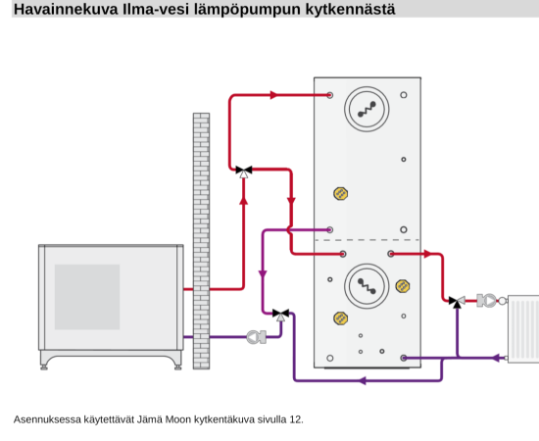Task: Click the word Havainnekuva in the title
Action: pos(66,9)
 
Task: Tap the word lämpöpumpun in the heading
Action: pos(247,10)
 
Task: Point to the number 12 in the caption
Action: pos(296,419)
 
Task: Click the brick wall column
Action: pos(201,241)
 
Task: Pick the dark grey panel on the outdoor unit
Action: pos(87,297)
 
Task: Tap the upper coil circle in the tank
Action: pos(367,109)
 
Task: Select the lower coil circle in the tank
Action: pos(367,286)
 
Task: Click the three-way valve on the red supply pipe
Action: pos(244,171)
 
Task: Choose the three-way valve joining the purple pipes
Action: pos(281,315)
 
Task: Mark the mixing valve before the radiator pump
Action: pos(458,301)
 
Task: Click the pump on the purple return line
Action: pos(257,337)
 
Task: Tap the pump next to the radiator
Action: pos(486,301)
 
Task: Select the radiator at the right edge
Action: pos(523,328)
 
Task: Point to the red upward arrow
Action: pos(244,200)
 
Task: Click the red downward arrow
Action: pos(291,202)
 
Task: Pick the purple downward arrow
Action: pos(263,274)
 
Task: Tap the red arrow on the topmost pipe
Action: pos(274,95)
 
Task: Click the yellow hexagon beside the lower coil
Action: pos(403,286)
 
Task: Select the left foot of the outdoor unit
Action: pos(44,367)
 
